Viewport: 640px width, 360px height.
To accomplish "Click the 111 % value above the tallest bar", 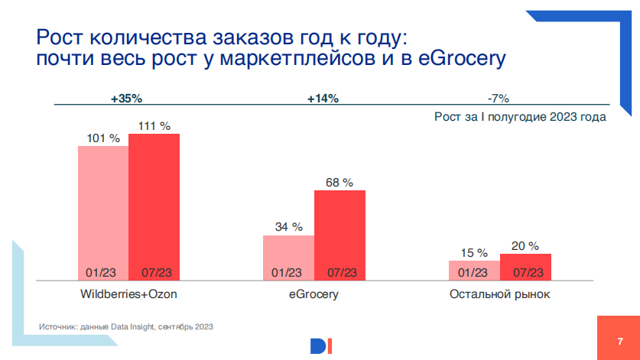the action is coord(154,126).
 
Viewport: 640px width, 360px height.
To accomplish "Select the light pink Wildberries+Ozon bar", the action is coord(103,213).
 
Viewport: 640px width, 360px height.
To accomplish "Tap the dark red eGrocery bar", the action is coord(339,235).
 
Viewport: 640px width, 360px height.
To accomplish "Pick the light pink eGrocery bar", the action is coord(288,258).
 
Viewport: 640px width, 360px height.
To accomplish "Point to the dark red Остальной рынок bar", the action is coord(525,267).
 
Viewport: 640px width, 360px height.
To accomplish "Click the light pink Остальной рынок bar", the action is coord(474,271).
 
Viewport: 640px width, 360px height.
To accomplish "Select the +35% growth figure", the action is coord(126,99).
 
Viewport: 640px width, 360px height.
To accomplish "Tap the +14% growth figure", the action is coord(323,99).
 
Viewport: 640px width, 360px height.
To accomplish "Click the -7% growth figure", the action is coord(499,99).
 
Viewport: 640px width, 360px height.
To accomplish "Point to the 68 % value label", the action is coord(339,183).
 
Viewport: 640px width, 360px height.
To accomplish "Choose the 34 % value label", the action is coord(288,227).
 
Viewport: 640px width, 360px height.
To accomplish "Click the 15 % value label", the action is coord(474,253).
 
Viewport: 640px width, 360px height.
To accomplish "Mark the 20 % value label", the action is coord(525,246).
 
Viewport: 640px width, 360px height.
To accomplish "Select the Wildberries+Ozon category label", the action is coord(128,294).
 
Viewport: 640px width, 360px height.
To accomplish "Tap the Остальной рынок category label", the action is coord(499,294).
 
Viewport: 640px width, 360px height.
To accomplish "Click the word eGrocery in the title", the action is coord(462,58).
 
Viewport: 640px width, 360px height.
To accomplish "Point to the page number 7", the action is coord(620,341).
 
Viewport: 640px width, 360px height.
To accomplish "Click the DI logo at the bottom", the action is coord(321,346).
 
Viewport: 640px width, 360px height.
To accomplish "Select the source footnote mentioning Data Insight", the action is coord(125,326).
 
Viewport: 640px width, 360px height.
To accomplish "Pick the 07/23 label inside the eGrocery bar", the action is coord(342,273).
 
